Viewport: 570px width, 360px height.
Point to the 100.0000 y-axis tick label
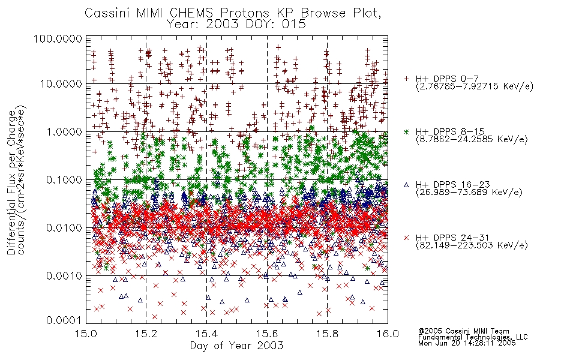(58, 38)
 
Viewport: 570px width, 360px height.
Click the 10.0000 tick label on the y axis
(61, 84)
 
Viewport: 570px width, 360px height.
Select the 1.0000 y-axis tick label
(64, 131)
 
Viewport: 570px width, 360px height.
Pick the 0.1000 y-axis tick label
(64, 179)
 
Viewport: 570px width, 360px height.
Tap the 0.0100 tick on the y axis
(64, 228)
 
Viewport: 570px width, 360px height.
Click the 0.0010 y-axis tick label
(64, 276)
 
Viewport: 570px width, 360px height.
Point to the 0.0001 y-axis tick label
(64, 320)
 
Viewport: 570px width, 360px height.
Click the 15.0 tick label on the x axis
(86, 334)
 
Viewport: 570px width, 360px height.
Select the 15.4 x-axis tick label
(206, 334)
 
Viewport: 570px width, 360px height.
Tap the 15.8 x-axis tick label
(327, 334)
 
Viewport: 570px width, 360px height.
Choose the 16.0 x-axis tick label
(388, 334)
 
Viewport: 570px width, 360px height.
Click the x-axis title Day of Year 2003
(236, 346)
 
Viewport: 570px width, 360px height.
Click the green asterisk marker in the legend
(406, 131)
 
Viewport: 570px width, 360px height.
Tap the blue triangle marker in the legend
(406, 185)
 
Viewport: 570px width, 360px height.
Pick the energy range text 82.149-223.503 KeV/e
(472, 245)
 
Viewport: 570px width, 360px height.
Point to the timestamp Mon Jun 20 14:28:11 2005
(467, 343)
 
